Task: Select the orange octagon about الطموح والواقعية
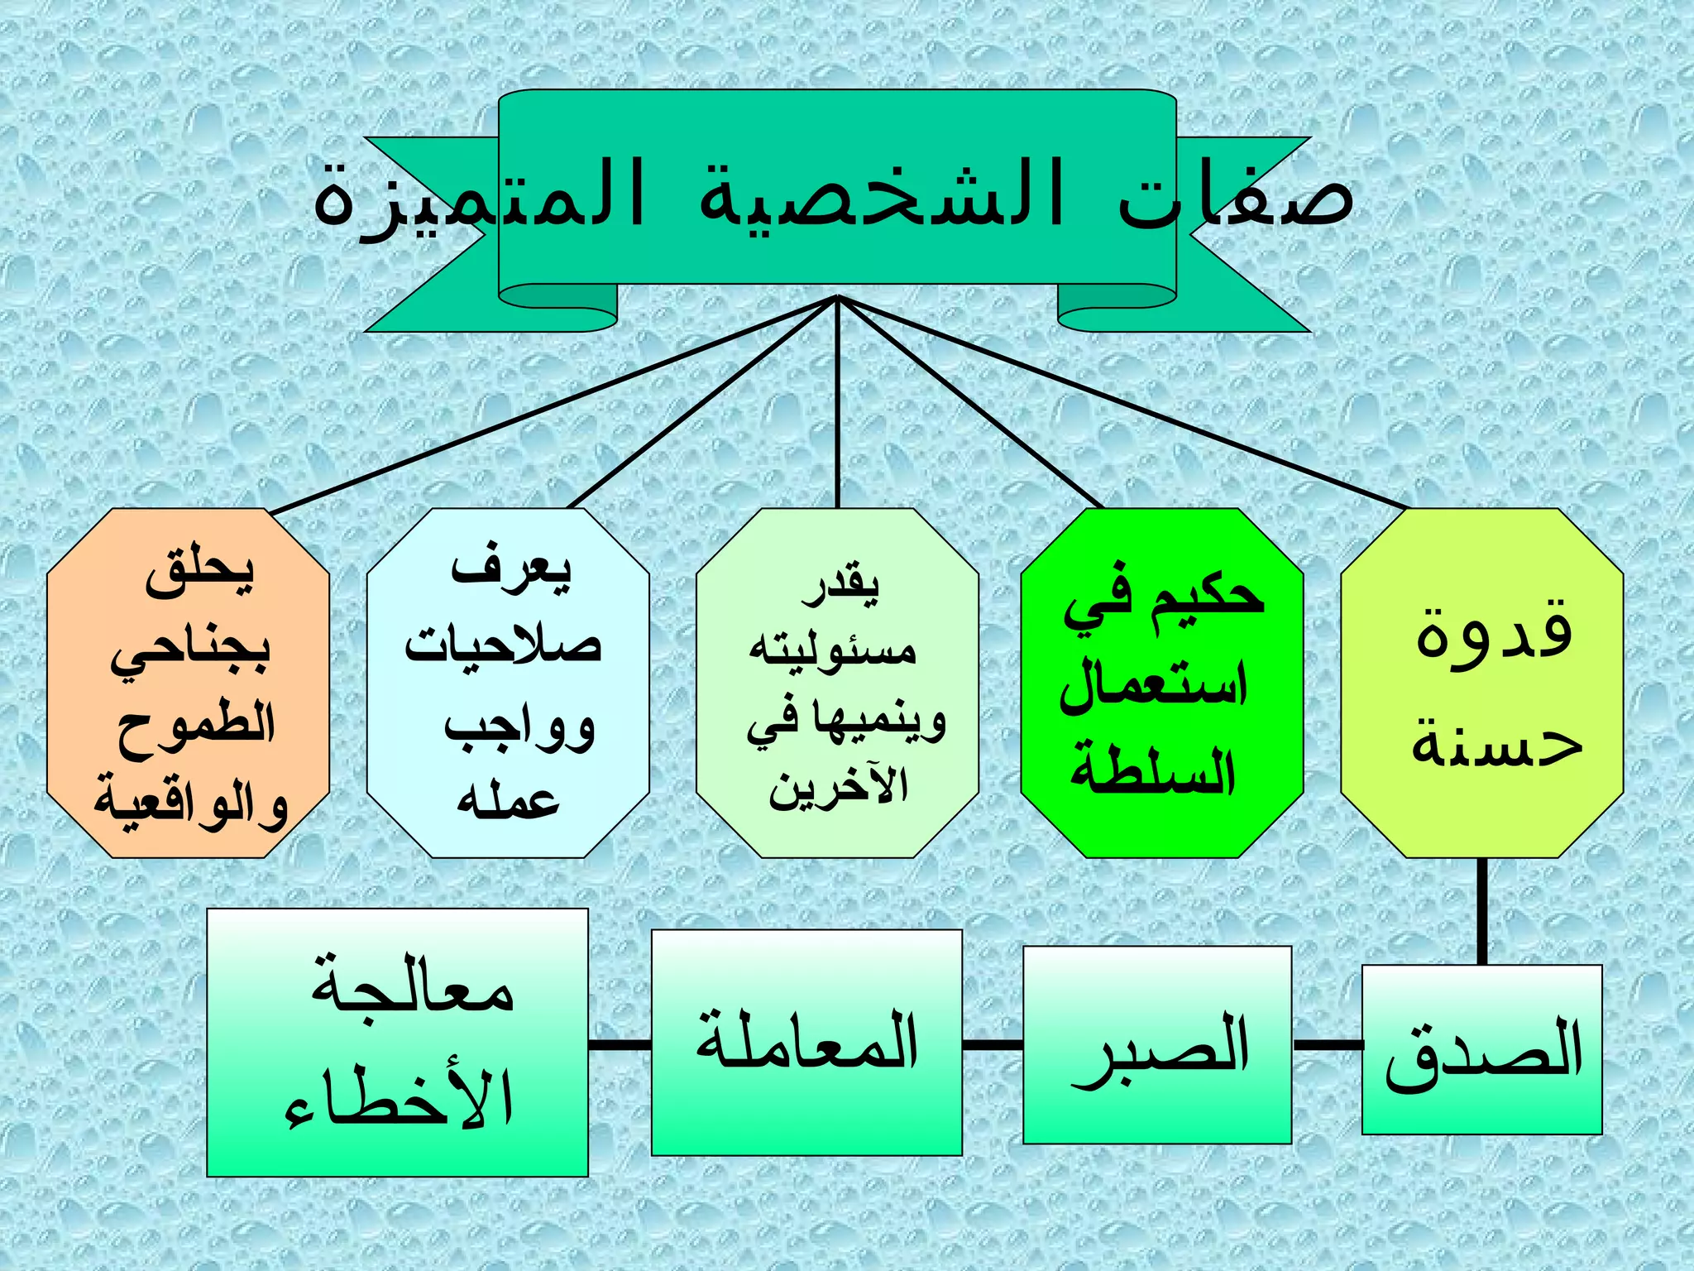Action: coord(189,683)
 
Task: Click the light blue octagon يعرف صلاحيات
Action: coord(507,683)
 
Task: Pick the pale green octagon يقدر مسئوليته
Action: coord(837,683)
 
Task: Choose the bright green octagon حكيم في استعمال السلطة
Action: coord(1161,683)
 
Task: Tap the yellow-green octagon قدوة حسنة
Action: coord(1481,683)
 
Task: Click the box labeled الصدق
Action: coord(1481,1049)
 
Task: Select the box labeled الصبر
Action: coord(1157,1045)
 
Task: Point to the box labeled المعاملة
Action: coord(806,1042)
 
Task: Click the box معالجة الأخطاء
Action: coord(397,1042)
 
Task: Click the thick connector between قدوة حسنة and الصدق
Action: coord(1481,911)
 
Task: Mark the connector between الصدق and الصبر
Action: coord(1327,1045)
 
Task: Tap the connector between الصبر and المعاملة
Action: coord(993,1045)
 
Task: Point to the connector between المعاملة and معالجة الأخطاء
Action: coord(620,1045)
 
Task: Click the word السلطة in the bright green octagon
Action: coord(1153,770)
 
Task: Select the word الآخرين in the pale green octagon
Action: coord(837,786)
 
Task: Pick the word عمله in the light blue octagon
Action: coord(508,799)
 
